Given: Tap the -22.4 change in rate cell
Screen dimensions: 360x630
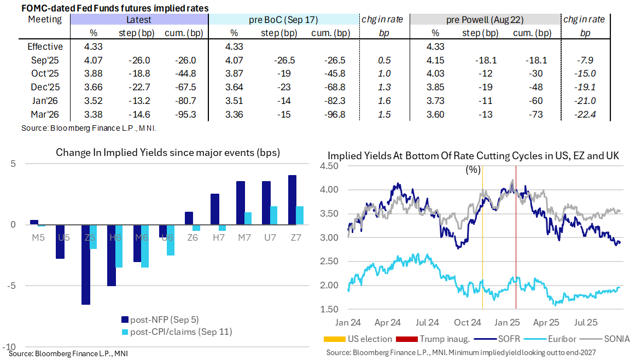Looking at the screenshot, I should (x=585, y=114).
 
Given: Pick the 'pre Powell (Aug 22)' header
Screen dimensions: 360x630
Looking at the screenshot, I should (x=485, y=20).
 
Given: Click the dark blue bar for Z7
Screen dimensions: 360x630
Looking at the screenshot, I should (x=293, y=200).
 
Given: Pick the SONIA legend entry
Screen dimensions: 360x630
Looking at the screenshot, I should (x=608, y=339).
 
